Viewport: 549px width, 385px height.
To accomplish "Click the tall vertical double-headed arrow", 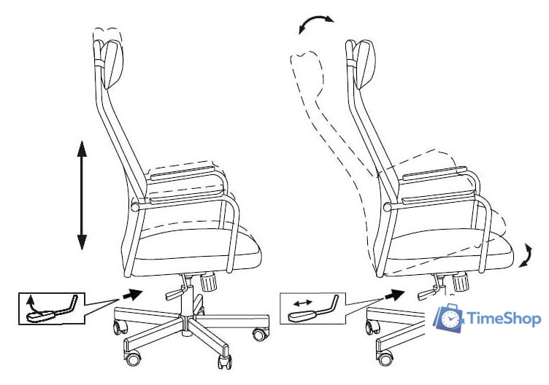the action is tap(82, 195).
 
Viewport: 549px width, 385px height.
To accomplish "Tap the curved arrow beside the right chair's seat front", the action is tap(527, 256).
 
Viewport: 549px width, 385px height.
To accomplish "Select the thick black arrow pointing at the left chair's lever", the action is tap(132, 295).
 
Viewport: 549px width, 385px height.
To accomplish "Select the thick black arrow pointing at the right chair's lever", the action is tap(394, 295).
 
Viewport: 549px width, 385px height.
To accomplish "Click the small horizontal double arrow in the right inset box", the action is tap(302, 303).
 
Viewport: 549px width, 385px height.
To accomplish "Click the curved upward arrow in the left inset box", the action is tap(32, 303).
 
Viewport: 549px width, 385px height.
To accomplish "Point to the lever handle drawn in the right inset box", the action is tap(313, 310).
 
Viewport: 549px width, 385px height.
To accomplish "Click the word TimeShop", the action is tap(504, 319).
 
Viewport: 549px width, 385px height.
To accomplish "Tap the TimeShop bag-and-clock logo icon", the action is tap(448, 317).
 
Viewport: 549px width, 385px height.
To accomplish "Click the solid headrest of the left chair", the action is tap(112, 64).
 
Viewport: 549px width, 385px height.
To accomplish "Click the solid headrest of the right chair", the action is tap(365, 64).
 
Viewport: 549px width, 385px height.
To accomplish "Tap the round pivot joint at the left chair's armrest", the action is tap(135, 206).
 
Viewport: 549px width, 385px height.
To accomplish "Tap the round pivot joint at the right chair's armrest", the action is tap(387, 207).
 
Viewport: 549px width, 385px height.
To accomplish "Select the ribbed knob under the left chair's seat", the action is tap(208, 282).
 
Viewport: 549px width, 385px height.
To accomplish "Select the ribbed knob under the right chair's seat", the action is tap(460, 282).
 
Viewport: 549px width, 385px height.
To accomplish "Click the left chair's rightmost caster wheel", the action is tap(261, 334).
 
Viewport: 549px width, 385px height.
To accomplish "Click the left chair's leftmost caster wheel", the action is tap(120, 327).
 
